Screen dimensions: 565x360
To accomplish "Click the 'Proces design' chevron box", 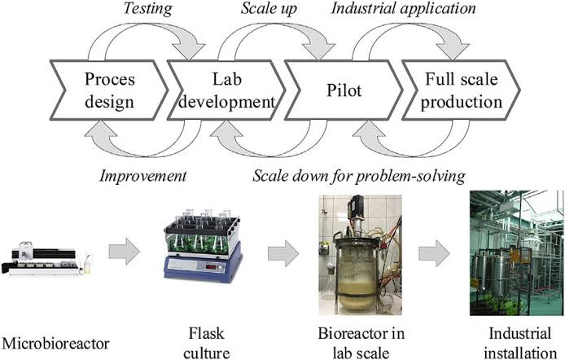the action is [109, 90].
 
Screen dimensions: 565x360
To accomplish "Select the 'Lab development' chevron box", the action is [226, 90].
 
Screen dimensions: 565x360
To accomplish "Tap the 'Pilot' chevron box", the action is [344, 90].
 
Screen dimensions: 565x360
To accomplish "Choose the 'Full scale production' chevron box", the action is [462, 90].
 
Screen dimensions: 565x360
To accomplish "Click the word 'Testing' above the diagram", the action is [147, 9].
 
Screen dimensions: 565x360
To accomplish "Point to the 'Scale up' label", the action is [269, 9].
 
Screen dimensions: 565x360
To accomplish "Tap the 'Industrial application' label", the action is [404, 9].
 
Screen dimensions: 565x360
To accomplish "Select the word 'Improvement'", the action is [143, 176].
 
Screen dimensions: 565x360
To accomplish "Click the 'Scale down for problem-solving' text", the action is [359, 176].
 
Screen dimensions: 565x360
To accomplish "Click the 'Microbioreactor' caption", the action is [55, 343].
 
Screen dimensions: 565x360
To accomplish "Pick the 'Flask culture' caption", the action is [207, 343].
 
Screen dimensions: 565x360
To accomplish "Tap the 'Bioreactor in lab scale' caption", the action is [361, 343].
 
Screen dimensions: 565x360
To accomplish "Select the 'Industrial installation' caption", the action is [520, 343].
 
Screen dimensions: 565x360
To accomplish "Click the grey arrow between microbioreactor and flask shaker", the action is [125, 252].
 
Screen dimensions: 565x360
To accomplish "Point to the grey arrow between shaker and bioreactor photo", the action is [283, 253].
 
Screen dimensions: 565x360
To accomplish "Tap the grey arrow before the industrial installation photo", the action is [434, 253].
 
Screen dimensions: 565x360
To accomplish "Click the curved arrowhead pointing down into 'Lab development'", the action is [189, 51].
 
